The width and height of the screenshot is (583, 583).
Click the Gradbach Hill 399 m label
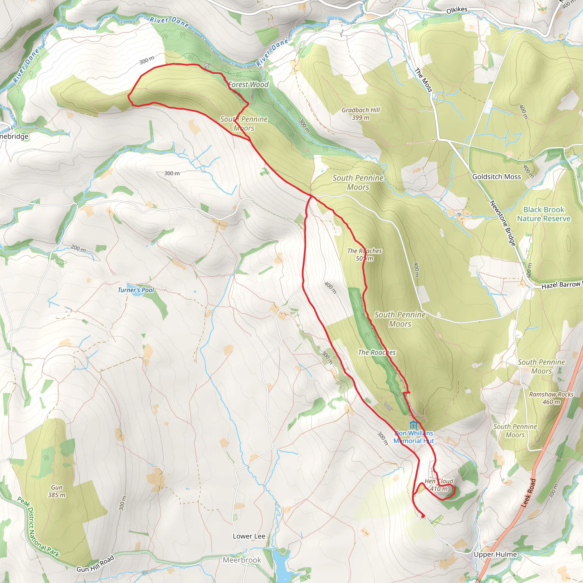pyautogui.click(x=361, y=114)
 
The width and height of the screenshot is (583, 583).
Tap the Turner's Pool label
pyautogui.click(x=136, y=290)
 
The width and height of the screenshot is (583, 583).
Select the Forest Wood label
pyautogui.click(x=248, y=85)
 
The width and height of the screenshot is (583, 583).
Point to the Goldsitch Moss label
pyautogui.click(x=496, y=177)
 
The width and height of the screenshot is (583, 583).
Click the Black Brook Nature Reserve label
pyautogui.click(x=544, y=214)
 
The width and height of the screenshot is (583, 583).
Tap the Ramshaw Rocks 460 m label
pyautogui.click(x=551, y=398)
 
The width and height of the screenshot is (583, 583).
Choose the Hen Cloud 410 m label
pyautogui.click(x=439, y=485)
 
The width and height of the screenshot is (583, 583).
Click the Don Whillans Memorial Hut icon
pyautogui.click(x=414, y=425)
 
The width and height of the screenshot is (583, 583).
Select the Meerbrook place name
pyautogui.click(x=242, y=560)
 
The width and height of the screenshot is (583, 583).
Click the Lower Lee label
pyautogui.click(x=249, y=536)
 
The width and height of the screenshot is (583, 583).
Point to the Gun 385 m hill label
pyautogui.click(x=57, y=491)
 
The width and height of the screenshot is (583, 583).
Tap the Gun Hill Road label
pyautogui.click(x=95, y=564)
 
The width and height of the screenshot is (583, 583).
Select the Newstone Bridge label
pyautogui.click(x=503, y=223)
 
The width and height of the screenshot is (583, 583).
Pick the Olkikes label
pyautogui.click(x=457, y=10)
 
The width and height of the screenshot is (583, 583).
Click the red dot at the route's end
pyautogui.click(x=423, y=516)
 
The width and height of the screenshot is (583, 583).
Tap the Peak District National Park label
pyautogui.click(x=38, y=527)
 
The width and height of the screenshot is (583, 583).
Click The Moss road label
pyautogui.click(x=424, y=80)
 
